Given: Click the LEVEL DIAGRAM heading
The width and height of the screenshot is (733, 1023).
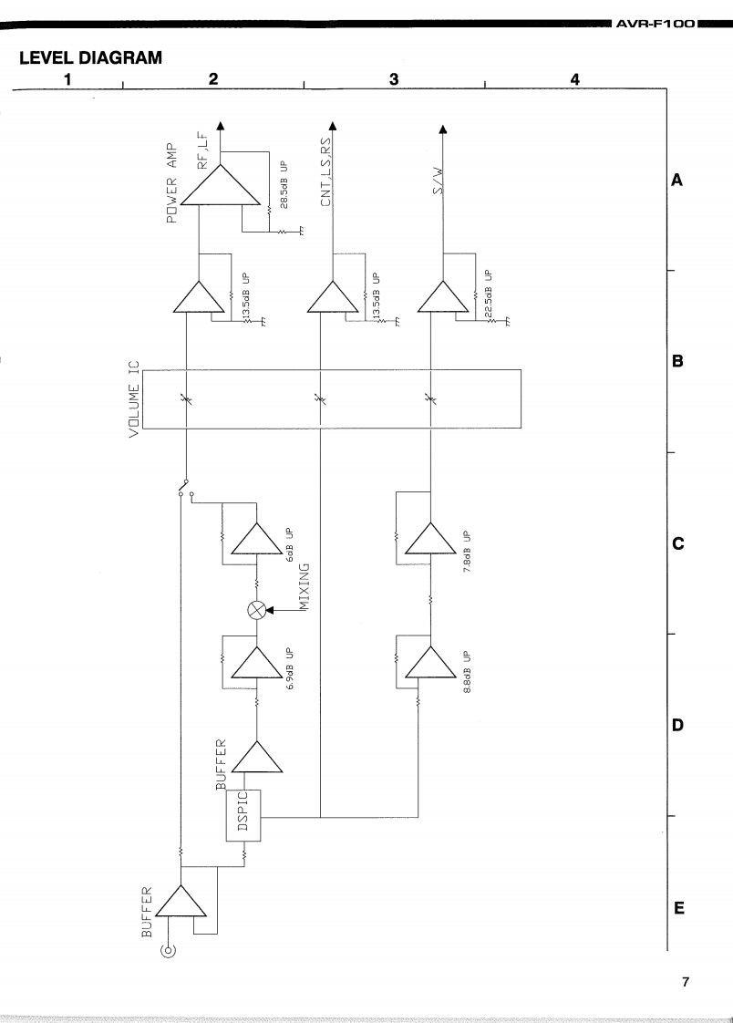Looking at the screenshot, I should (x=90, y=58).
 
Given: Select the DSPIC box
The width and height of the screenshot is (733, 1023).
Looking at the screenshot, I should (x=243, y=815).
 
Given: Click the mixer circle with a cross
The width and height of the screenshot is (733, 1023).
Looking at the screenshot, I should (x=257, y=612).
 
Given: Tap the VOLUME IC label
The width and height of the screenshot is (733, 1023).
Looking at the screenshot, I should (x=136, y=398).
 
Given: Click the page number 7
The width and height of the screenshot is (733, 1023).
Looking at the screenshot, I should (x=687, y=982).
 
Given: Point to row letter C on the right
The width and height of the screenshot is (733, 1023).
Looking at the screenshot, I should (x=677, y=543).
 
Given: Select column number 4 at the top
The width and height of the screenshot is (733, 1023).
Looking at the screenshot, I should (x=575, y=79).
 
